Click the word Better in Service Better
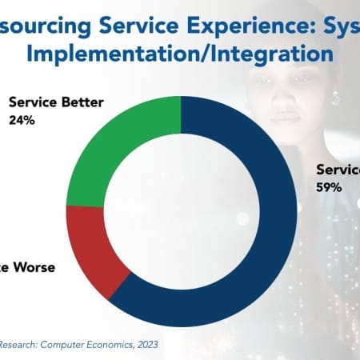[x=87, y=102]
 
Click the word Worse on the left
[x=30, y=267]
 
